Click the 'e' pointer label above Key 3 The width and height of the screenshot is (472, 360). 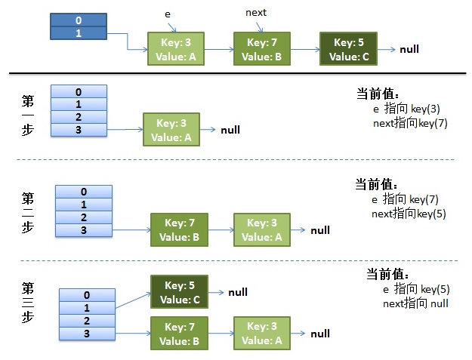tap(168, 14)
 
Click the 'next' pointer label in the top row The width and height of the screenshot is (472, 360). tap(256, 13)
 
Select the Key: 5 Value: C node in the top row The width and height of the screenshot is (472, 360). tap(348, 49)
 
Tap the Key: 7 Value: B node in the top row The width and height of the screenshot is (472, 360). tap(262, 49)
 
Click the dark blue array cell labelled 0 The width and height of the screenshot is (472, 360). tap(79, 20)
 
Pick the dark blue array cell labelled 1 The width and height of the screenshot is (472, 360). tap(79, 33)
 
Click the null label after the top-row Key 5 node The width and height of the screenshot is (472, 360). tap(409, 49)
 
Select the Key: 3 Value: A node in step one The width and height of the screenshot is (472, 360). tap(171, 130)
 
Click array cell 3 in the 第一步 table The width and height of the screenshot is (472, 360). tap(79, 130)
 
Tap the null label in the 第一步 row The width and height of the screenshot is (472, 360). tap(230, 130)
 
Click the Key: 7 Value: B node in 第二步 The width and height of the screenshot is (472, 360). tap(180, 229)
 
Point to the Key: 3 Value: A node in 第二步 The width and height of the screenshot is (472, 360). tap(262, 229)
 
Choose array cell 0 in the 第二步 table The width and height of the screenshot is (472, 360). tap(84, 192)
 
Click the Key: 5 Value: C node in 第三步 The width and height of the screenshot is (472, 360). tap(180, 292)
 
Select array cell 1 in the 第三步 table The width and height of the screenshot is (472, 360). tap(87, 308)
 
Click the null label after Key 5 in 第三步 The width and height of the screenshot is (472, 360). tap(238, 292)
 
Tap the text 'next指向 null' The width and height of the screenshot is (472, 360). tap(415, 303)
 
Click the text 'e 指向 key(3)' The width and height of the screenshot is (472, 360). tap(406, 109)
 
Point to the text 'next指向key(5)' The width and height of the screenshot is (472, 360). tap(409, 214)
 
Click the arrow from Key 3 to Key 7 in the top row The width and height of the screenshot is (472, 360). tap(219, 49)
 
